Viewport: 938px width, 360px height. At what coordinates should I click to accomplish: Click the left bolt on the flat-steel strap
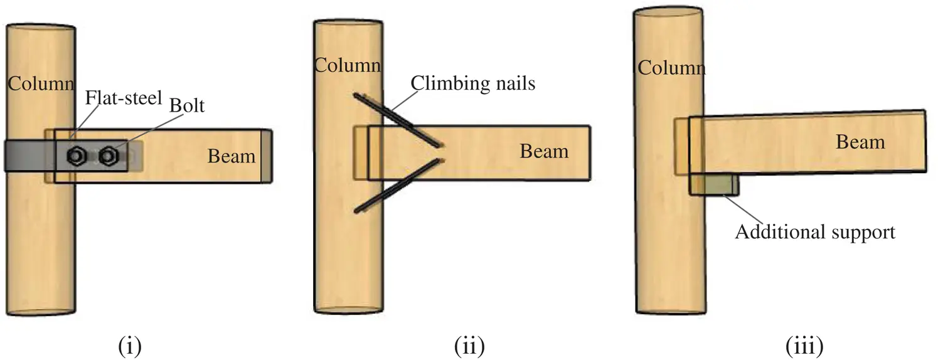[x=76, y=155]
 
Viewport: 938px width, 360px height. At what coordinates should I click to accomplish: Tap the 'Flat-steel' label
[x=125, y=98]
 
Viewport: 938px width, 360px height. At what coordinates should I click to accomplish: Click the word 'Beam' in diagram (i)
[x=232, y=156]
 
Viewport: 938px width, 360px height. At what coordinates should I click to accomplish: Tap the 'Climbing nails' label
[x=473, y=83]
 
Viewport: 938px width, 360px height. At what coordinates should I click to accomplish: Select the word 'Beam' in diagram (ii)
[x=543, y=151]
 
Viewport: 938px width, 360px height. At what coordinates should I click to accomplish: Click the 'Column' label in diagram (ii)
[x=347, y=65]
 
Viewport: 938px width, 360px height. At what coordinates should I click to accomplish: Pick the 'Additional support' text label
[x=814, y=232]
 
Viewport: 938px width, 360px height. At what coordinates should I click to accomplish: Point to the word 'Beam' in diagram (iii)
[x=860, y=142]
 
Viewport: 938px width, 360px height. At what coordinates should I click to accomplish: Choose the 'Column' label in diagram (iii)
[x=671, y=67]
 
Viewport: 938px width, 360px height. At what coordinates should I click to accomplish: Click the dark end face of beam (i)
[x=267, y=156]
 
